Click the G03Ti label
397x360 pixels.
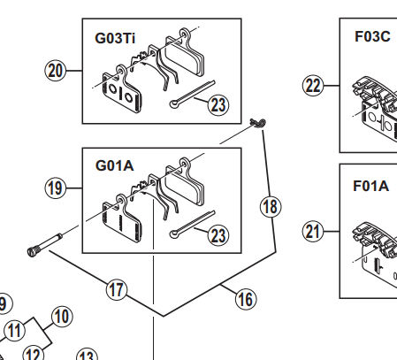pos(115,38)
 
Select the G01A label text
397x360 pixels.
pos(115,165)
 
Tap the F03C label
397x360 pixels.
pos(372,36)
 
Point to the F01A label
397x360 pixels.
pos(371,186)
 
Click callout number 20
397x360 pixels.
pos(56,71)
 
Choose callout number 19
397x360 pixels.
pos(56,188)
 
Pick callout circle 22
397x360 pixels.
pos(313,86)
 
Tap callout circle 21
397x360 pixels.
pos(313,231)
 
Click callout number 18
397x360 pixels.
pos(271,207)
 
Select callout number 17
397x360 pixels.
pos(117,290)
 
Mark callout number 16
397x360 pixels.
pos(246,299)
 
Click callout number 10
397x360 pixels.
pos(62,317)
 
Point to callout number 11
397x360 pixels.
pos(15,330)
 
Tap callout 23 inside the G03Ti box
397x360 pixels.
pos(218,105)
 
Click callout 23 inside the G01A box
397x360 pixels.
pos(218,235)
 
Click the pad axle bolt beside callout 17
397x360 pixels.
pos(45,244)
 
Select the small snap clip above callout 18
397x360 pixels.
pos(258,123)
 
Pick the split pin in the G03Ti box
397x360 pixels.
pos(192,94)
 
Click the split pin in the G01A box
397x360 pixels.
pos(192,225)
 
